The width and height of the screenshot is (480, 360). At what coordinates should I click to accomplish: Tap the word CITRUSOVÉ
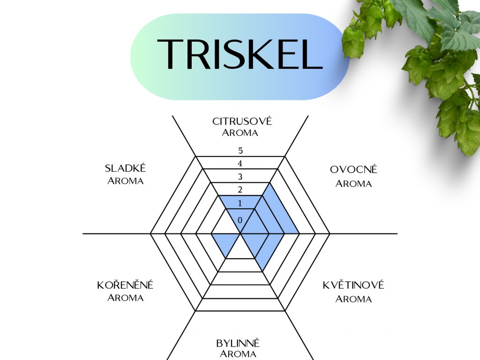242,121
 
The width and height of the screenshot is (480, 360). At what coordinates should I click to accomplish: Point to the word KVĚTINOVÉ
353,285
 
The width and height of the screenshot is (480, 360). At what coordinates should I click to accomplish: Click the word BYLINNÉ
238,343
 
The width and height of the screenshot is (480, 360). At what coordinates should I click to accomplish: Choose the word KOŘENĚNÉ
125,285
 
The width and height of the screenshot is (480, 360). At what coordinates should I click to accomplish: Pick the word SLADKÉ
126,169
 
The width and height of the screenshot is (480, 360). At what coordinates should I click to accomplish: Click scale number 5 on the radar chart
240,151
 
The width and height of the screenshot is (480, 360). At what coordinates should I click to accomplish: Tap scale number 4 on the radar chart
240,164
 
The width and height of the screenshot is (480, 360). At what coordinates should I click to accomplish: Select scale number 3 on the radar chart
240,177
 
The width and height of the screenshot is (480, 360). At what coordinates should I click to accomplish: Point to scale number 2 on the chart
240,190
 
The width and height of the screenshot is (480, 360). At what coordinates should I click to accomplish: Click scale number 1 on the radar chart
240,203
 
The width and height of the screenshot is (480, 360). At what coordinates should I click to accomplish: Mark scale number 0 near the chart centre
240,220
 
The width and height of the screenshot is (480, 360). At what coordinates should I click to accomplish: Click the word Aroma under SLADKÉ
125,181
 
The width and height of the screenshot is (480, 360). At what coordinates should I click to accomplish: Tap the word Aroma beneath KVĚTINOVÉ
353,299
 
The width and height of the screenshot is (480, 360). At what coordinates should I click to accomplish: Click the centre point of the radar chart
240,233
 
